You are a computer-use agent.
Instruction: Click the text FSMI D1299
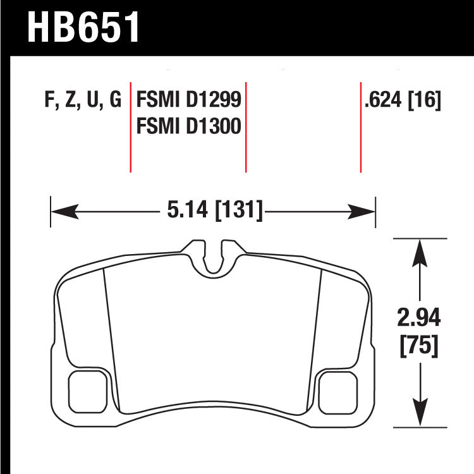tap(188, 101)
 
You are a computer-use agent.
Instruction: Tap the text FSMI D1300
tap(188, 127)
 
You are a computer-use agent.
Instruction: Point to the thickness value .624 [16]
tap(402, 101)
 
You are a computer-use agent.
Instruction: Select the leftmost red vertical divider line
tap(130, 126)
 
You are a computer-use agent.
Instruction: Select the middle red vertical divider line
tap(245, 126)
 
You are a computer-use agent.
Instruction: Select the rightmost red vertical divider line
tap(360, 126)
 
